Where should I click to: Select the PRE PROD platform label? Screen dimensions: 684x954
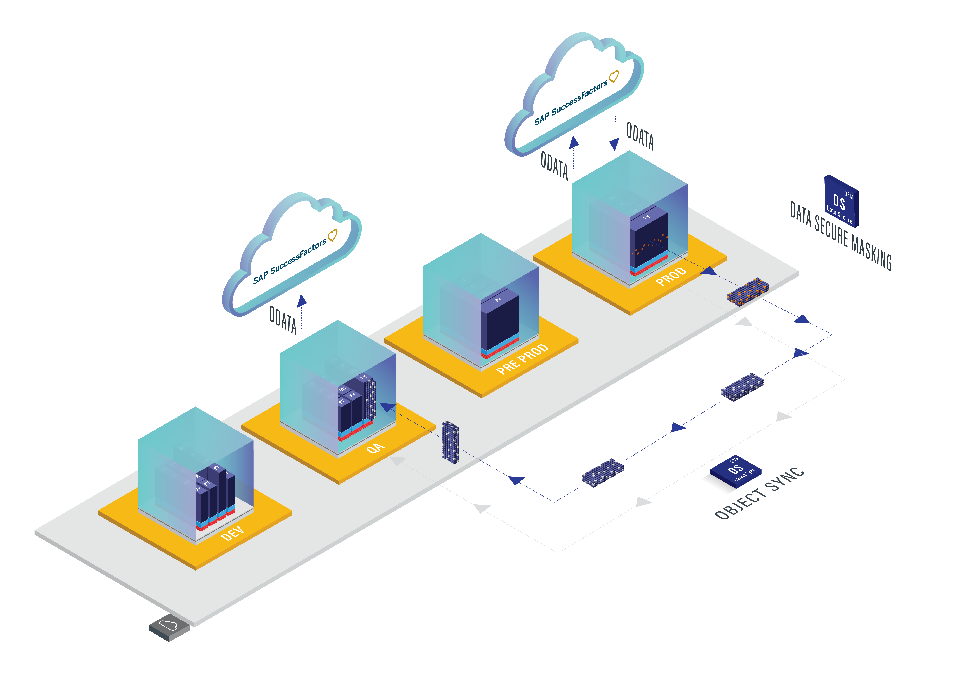[522, 359]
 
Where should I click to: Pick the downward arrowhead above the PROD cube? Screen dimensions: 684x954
[614, 144]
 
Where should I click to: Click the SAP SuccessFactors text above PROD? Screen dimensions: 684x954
[571, 102]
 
